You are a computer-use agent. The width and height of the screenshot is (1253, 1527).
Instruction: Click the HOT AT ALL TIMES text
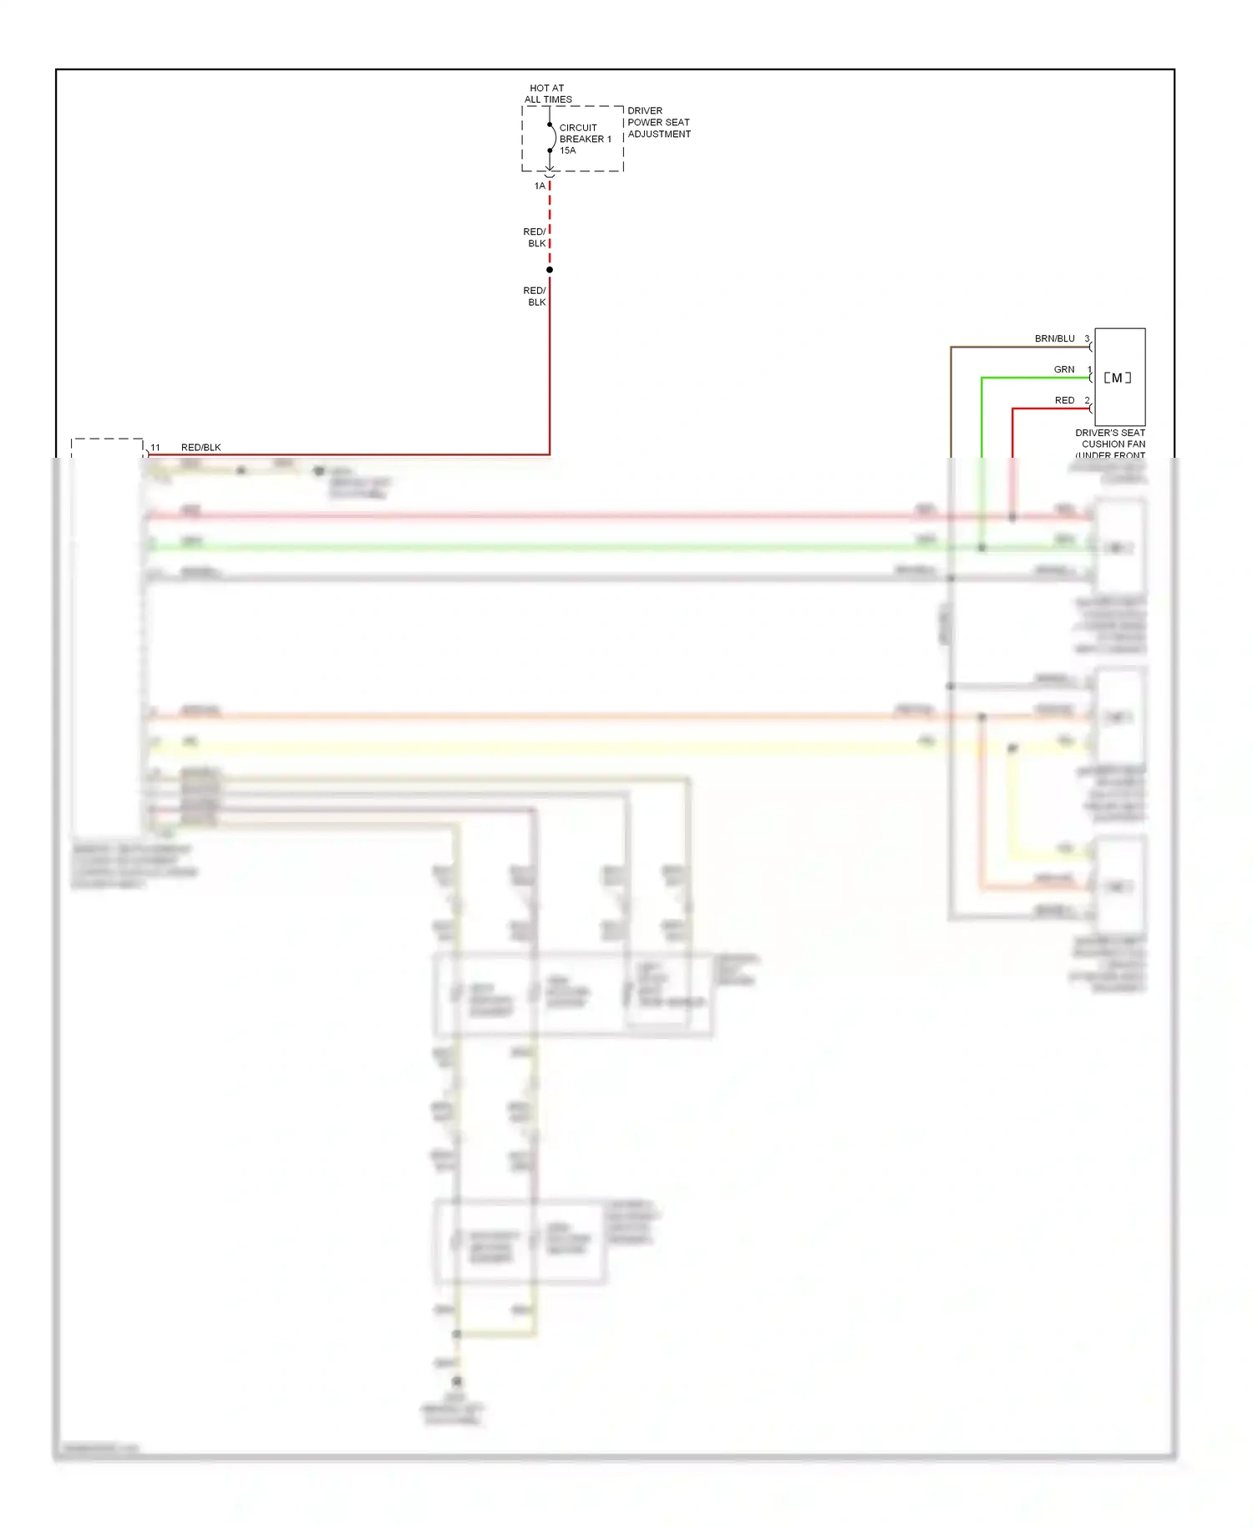[547, 94]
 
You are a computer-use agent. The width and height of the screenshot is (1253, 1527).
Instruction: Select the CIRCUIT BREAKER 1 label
[585, 134]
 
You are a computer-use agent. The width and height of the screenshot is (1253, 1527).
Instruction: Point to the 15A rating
[568, 151]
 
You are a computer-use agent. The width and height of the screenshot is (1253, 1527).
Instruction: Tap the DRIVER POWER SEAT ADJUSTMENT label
[659, 122]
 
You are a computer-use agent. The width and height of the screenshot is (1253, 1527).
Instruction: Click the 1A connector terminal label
[540, 186]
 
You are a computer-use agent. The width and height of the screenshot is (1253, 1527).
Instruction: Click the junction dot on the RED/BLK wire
[550, 270]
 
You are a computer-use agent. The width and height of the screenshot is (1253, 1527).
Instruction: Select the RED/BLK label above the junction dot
[535, 238]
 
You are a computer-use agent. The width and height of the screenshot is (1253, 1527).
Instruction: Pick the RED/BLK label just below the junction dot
[535, 297]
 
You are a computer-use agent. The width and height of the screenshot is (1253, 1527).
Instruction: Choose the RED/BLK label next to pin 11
[201, 448]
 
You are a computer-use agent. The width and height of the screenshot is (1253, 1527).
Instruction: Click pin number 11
[155, 448]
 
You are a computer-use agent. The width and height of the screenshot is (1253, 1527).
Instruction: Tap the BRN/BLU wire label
[1054, 339]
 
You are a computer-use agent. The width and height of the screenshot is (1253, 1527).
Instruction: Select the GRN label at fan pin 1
[1063, 369]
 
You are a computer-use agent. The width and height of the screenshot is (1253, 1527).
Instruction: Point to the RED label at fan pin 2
[1064, 401]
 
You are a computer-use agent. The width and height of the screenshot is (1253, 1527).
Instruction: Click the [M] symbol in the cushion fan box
[1118, 378]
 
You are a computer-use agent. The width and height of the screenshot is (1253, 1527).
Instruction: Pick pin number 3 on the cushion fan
[1087, 338]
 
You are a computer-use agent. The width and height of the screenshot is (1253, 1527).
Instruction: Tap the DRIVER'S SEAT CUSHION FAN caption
[1110, 439]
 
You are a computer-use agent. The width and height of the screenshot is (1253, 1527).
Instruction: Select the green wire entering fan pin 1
[1036, 378]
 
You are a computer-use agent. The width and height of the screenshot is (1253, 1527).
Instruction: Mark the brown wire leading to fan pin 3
[1019, 348]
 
